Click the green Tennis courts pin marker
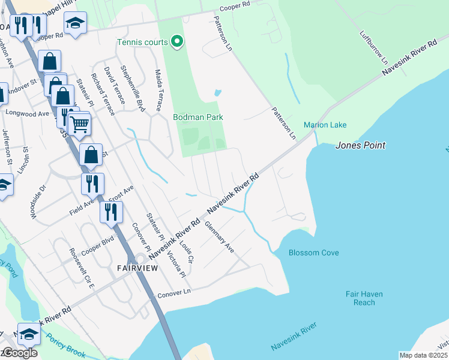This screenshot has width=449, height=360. (176, 41)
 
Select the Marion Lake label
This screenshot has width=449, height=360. (325, 125)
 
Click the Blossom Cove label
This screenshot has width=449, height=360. (313, 253)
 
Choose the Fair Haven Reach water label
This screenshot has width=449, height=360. (364, 298)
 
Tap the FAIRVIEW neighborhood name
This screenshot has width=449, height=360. (137, 268)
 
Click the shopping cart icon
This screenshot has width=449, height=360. (79, 124)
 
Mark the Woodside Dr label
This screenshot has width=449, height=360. (43, 196)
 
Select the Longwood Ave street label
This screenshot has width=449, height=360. (28, 113)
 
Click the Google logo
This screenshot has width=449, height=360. (19, 353)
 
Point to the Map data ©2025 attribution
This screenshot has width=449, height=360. (423, 355)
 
